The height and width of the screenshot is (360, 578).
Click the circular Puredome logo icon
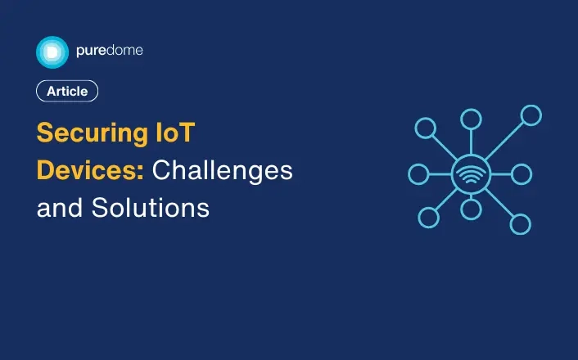pyautogui.click(x=52, y=52)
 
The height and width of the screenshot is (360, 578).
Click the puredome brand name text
pyautogui.click(x=110, y=51)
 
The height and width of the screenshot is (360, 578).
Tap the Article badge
pyautogui.click(x=67, y=91)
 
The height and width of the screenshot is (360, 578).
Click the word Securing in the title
pyautogui.click(x=93, y=133)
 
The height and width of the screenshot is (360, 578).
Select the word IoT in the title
pyautogui.click(x=175, y=133)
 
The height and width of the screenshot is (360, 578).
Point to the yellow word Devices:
pyautogui.click(x=90, y=170)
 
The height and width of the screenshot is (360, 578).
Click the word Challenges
pyautogui.click(x=223, y=171)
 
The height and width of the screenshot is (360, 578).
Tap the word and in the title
pyautogui.click(x=59, y=208)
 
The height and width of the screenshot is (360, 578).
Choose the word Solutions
pyautogui.click(x=151, y=208)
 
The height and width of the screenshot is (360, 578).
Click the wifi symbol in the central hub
pyautogui.click(x=471, y=174)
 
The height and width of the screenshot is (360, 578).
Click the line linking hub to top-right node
pyautogui.click(x=504, y=141)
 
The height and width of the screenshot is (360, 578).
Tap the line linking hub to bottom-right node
pyautogui.click(x=499, y=203)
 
